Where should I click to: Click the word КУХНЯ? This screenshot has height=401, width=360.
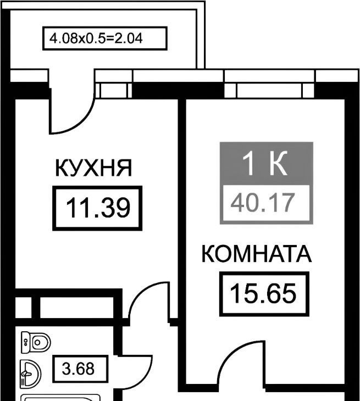click(x=93, y=168)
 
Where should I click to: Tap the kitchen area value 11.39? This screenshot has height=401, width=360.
click(x=98, y=208)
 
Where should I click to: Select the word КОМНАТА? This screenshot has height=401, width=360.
click(x=256, y=254)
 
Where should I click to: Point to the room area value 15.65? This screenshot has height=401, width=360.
click(x=263, y=293)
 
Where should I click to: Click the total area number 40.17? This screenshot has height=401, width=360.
click(x=263, y=203)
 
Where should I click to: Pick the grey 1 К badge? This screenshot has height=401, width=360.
click(x=267, y=163)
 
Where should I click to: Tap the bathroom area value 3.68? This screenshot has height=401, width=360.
click(x=78, y=369)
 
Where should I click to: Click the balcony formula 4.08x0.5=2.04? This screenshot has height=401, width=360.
click(x=96, y=38)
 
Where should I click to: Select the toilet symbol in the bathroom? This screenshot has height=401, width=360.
click(x=36, y=342)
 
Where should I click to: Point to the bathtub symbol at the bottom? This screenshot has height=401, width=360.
click(x=60, y=397)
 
